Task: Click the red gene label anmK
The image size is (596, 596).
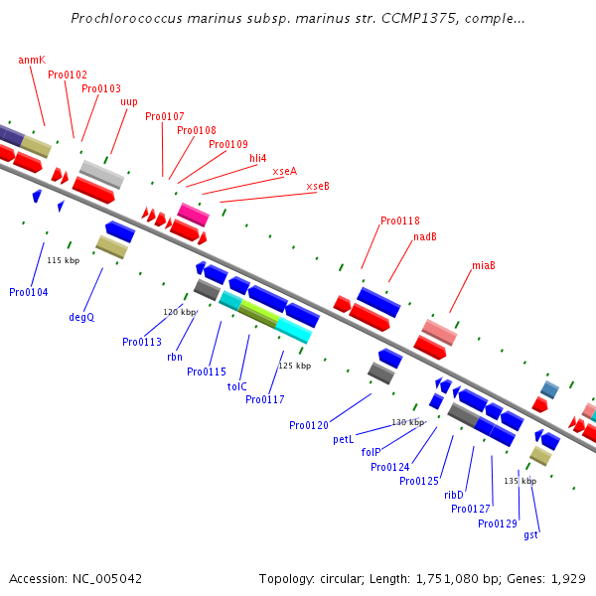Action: [x=32, y=60]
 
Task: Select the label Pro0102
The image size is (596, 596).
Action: [x=68, y=74]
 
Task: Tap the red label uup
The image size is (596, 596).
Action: [x=129, y=101]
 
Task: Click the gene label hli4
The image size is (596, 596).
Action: [x=257, y=158]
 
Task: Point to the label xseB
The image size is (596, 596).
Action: [x=318, y=186]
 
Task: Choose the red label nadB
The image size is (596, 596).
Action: [x=425, y=236]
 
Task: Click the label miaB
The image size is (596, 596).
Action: [x=484, y=265]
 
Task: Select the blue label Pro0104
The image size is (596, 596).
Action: [x=29, y=292]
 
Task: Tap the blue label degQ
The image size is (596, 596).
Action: [x=81, y=317]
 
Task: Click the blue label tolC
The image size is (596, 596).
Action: [x=237, y=386]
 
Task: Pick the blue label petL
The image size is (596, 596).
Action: [x=344, y=438]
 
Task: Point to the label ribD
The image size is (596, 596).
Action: [x=454, y=494]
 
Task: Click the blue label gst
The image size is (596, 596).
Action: [x=531, y=534]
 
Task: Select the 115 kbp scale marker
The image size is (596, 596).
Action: [x=64, y=260]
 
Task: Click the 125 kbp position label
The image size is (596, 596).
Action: [x=294, y=366]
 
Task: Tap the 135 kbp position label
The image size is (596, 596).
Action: [x=520, y=481]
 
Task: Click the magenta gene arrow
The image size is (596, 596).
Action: [x=193, y=214]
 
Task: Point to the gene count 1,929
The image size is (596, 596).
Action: [x=569, y=578]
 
